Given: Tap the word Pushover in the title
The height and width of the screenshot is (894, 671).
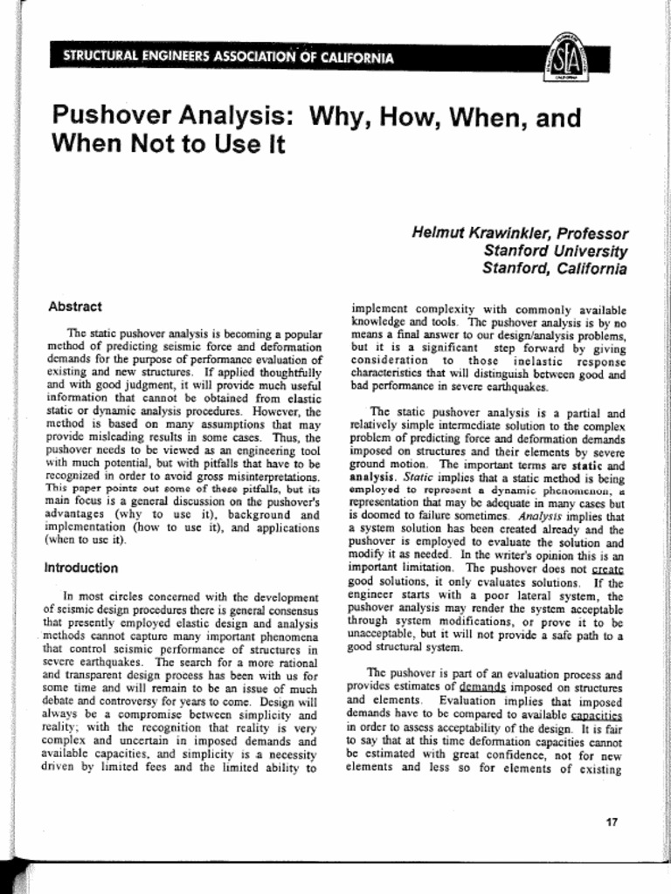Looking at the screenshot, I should (x=109, y=116).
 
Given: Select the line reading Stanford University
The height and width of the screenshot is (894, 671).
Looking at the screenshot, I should (x=555, y=251).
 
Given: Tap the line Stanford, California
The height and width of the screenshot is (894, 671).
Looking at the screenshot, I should (x=554, y=269).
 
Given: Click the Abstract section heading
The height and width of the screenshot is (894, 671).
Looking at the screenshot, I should (x=75, y=306).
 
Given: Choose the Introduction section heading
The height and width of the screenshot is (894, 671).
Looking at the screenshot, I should (x=81, y=567).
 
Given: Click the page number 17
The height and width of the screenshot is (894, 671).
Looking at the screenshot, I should (x=612, y=822).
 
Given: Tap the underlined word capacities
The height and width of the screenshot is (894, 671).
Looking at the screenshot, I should (x=598, y=715).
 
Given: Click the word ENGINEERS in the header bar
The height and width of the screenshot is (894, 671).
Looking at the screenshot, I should (x=169, y=58).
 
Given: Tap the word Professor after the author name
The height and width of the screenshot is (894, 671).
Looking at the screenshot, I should (x=592, y=234).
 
